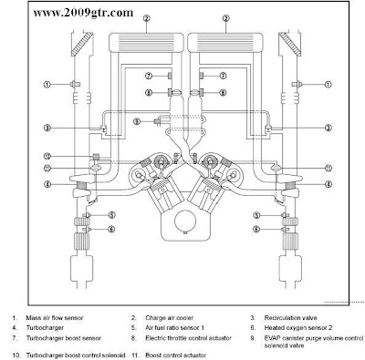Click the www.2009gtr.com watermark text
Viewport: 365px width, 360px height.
click(83, 13)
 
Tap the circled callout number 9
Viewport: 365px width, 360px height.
click(137, 121)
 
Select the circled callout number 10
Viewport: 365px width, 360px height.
click(47, 157)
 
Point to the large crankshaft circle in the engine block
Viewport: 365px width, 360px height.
click(184, 221)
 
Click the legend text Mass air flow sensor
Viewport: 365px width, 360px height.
click(55, 318)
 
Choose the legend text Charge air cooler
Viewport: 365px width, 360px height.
click(169, 318)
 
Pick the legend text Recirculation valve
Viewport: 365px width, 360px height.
click(290, 318)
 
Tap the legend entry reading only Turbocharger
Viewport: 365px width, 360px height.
click(45, 328)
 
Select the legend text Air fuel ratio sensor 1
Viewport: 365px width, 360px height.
click(174, 328)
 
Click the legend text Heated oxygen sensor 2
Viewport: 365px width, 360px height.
click(298, 328)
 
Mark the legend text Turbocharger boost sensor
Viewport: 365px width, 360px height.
click(64, 338)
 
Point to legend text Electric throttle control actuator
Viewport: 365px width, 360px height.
click(188, 338)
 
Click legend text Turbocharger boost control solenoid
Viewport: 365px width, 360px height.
click(76, 355)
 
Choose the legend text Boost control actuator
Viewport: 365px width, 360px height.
click(175, 355)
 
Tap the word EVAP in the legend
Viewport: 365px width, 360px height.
click(271, 338)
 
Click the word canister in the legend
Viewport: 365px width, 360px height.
click(289, 338)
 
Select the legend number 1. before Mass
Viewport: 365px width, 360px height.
click(14, 318)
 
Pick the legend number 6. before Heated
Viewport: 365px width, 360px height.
click(253, 328)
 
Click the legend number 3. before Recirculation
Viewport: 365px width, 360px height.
click(253, 318)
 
